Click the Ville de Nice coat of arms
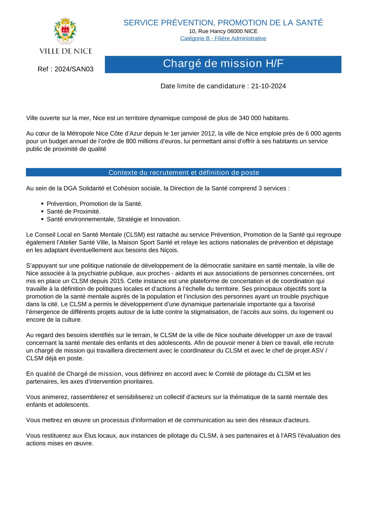click(65, 31)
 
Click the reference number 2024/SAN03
click(74, 69)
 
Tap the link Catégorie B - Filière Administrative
click(223, 38)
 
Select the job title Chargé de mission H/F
click(223, 64)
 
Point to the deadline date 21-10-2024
click(268, 86)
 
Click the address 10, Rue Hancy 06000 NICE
click(223, 31)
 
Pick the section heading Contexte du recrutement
click(184, 173)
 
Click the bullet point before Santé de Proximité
click(42, 212)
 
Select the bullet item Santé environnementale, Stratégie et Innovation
click(113, 219)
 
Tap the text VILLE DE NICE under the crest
click(66, 51)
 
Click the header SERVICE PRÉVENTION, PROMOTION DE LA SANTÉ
click(223, 23)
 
